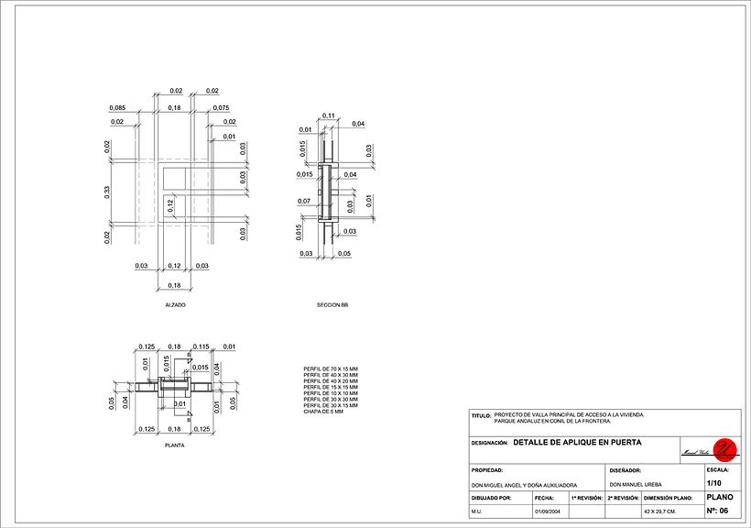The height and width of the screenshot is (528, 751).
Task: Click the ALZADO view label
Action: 175,304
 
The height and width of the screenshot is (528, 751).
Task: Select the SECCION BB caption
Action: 332,304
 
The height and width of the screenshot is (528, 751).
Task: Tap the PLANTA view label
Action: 174,445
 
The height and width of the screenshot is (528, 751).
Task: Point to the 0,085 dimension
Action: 116,108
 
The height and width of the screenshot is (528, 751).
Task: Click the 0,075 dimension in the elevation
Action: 221,108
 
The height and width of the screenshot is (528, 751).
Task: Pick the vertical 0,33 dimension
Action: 107,192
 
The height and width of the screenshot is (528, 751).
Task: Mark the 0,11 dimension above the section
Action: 330,115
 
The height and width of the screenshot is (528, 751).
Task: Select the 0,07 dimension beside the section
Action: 305,201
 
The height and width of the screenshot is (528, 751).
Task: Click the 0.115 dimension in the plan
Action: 202,346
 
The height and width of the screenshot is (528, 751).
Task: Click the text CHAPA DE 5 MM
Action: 322,412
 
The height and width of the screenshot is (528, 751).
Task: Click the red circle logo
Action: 725,448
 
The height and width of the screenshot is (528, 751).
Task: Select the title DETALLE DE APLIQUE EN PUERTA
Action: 577,442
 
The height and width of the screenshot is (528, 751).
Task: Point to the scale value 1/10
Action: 714,483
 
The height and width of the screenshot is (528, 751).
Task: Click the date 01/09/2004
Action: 547,511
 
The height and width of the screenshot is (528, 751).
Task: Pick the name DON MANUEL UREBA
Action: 636,484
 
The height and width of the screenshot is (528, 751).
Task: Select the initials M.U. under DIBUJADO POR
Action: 477,511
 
